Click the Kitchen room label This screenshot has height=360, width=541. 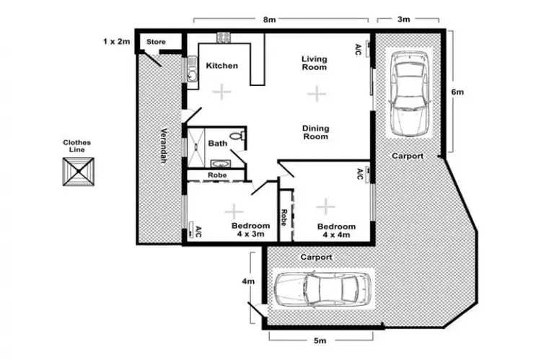(221, 66)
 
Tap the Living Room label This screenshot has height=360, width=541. (315, 63)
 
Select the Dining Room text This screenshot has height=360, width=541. (315, 132)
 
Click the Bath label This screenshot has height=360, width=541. (217, 144)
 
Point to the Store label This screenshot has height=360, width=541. (156, 43)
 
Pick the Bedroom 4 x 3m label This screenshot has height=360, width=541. (250, 229)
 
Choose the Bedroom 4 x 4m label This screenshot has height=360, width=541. (337, 229)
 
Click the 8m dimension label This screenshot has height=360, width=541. (269, 20)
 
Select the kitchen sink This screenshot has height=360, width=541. (193, 73)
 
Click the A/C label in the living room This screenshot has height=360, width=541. (359, 49)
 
